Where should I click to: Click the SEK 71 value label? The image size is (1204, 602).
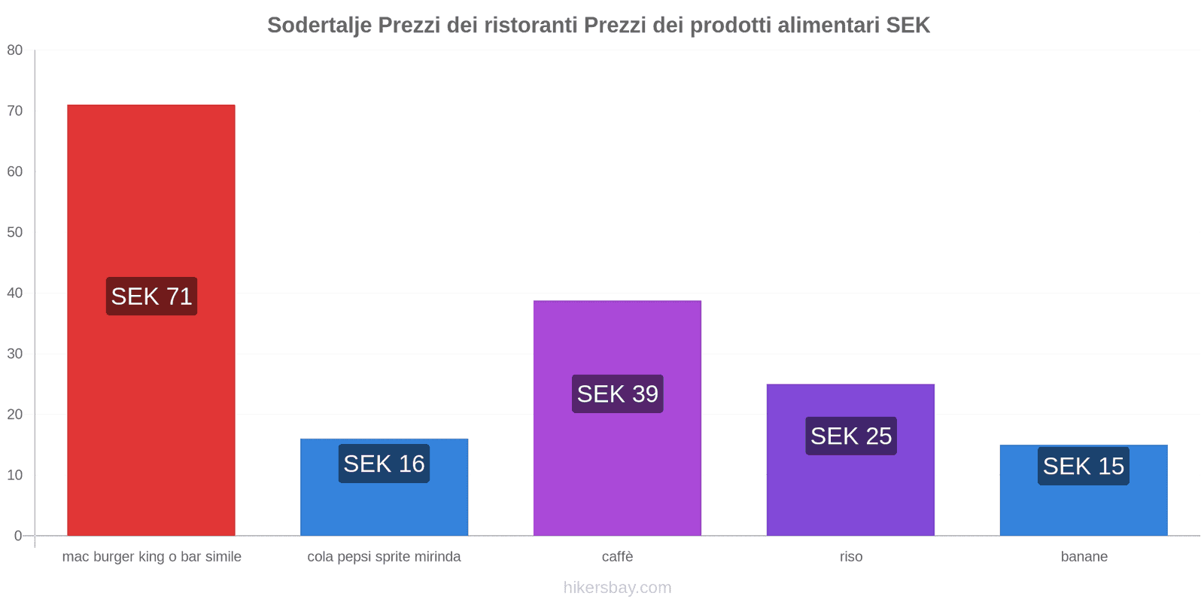click(151, 296)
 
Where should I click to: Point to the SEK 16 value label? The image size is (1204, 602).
click(384, 464)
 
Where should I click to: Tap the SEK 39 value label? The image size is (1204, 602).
click(617, 394)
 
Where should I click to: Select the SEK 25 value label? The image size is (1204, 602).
click(850, 436)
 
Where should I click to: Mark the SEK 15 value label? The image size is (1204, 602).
click(1083, 466)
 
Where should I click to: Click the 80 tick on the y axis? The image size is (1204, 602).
click(15, 50)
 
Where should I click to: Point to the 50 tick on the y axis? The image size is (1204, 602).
click(15, 233)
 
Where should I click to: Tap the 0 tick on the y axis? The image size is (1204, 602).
click(18, 536)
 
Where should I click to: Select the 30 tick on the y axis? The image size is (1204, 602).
click(15, 354)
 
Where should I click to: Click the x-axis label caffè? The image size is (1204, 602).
click(617, 557)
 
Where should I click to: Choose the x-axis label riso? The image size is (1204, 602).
click(850, 557)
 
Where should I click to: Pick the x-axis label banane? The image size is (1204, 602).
click(1084, 557)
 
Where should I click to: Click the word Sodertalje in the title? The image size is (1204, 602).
click(319, 26)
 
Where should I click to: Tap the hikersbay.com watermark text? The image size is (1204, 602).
click(617, 588)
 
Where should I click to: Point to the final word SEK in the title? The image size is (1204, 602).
click(908, 26)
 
